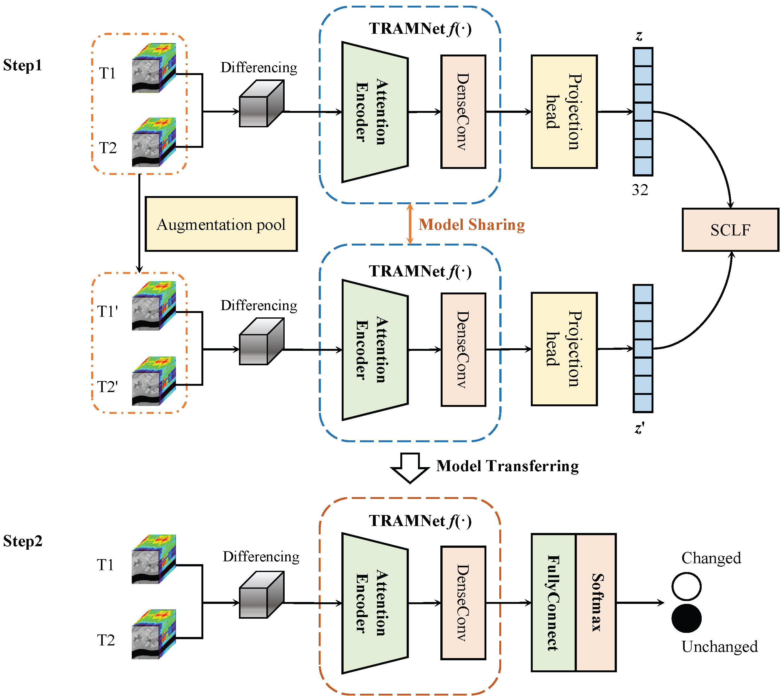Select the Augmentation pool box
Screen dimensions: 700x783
click(x=221, y=224)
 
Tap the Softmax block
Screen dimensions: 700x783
click(x=596, y=602)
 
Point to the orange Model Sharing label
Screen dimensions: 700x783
click(x=472, y=225)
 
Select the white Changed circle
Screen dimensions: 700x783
click(x=686, y=587)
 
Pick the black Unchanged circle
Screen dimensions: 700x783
click(x=686, y=618)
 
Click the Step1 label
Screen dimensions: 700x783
click(x=22, y=65)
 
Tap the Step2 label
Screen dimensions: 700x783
click(x=23, y=541)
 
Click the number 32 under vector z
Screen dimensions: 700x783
click(x=640, y=190)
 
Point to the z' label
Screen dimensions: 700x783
click(x=640, y=428)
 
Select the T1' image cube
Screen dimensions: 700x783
click(x=154, y=306)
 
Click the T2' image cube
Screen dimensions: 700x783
click(x=154, y=381)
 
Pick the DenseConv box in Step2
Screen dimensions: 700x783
click(x=463, y=602)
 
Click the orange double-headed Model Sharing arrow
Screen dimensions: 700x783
click(x=410, y=224)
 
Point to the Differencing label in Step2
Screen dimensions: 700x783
click(x=261, y=557)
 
